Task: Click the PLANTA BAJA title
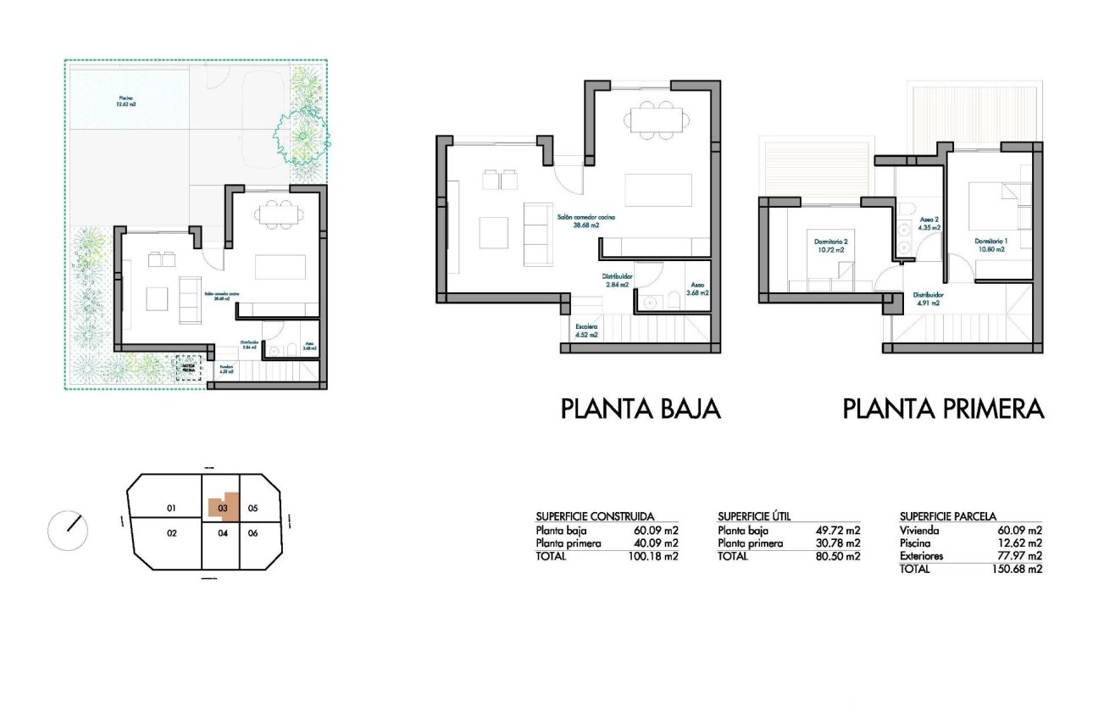(x=641, y=409)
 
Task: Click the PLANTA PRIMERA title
(x=943, y=409)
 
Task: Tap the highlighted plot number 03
(x=223, y=509)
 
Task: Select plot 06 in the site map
(x=252, y=533)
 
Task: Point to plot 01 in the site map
(x=170, y=509)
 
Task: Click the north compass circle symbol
(x=68, y=530)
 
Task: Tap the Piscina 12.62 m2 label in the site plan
(x=126, y=102)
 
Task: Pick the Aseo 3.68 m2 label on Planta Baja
(x=696, y=289)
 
